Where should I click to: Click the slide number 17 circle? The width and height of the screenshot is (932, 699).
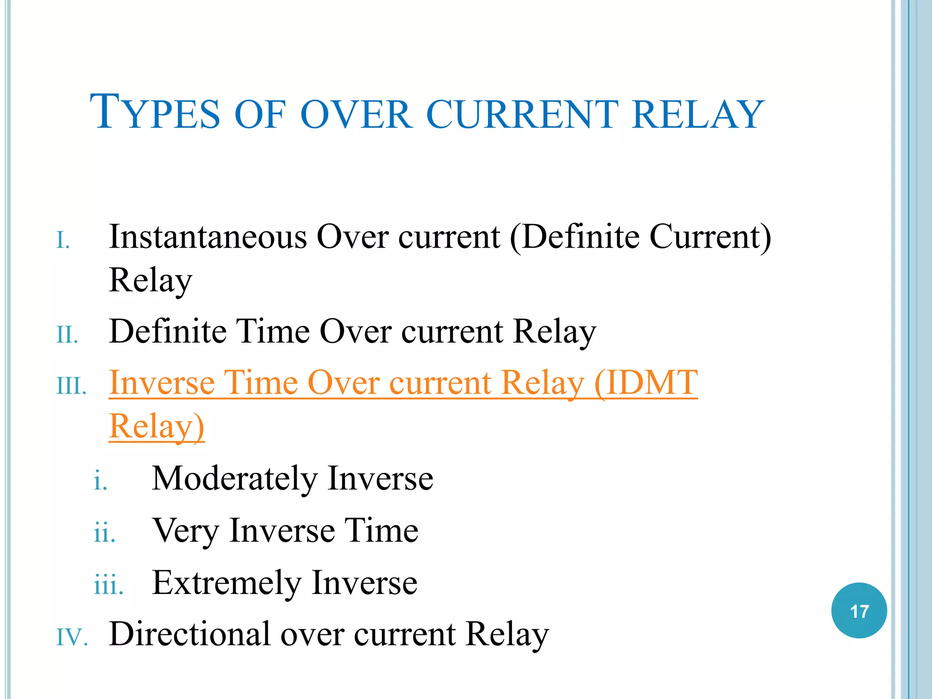tap(859, 611)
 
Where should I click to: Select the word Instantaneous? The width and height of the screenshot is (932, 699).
tap(208, 237)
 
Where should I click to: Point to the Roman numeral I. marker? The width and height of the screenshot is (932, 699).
tap(63, 241)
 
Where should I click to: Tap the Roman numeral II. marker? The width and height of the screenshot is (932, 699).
tap(67, 335)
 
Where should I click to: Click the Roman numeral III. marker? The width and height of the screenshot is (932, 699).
tap(71, 387)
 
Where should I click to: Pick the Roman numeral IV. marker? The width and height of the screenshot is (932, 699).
tap(72, 637)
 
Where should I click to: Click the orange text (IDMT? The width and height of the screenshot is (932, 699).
tap(646, 383)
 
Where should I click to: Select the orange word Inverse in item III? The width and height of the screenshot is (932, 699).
tap(162, 383)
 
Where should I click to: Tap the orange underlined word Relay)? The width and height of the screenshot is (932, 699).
tap(157, 427)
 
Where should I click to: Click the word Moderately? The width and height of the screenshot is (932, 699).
tap(234, 479)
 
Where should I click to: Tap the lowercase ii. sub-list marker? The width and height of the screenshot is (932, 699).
tap(105, 534)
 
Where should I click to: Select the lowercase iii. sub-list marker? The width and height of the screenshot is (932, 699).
tap(108, 586)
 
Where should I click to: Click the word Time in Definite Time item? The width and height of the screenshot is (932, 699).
tap(272, 331)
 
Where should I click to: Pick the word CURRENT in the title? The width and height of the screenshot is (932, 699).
tap(522, 114)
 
